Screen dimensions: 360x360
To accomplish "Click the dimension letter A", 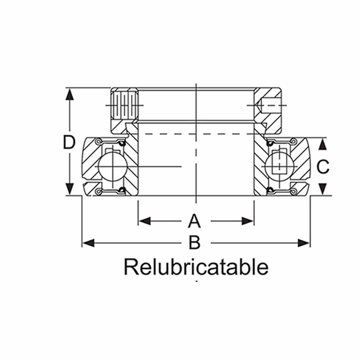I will (x=194, y=221).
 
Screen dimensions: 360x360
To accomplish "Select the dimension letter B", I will (x=194, y=243).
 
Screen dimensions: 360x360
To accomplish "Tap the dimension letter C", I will (x=323, y=167).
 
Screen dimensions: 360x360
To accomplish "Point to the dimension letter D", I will (x=69, y=142).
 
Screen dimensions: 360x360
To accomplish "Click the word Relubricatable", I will (x=196, y=267).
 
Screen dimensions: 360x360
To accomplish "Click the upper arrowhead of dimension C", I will (x=323, y=144).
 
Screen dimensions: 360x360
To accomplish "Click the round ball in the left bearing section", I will (x=108, y=166).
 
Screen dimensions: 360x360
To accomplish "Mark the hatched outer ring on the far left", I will (x=89, y=161).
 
